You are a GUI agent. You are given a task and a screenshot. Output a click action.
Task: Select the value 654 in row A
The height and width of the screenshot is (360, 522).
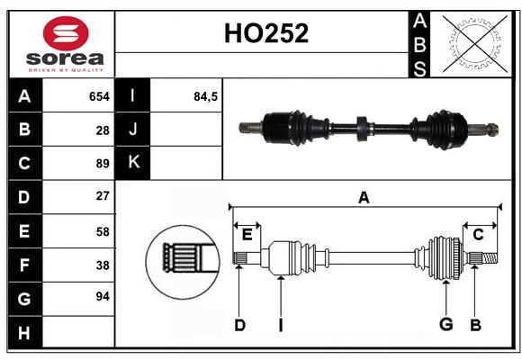pyautogui.click(x=99, y=95)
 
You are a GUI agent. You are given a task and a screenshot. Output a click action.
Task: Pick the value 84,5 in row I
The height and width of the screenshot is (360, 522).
pyautogui.click(x=206, y=95)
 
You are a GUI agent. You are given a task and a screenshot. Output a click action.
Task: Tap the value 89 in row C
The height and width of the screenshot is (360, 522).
pyautogui.click(x=102, y=164)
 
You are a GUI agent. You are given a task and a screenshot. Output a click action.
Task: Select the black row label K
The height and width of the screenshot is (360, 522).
pyautogui.click(x=134, y=162)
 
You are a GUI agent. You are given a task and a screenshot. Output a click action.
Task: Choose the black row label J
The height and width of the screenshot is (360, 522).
pyautogui.click(x=134, y=129)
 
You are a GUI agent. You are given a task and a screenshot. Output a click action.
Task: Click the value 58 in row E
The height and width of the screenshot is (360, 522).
pyautogui.click(x=102, y=231)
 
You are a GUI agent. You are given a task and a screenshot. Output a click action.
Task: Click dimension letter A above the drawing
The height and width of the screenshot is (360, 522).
pyautogui.click(x=364, y=197)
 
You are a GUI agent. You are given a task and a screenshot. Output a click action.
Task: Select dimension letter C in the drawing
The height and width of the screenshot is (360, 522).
pyautogui.click(x=478, y=234)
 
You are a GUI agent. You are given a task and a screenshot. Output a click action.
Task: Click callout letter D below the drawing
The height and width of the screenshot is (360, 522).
pyautogui.click(x=239, y=325)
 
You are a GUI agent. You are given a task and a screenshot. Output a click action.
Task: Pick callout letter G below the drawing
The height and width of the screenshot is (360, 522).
pyautogui.click(x=445, y=325)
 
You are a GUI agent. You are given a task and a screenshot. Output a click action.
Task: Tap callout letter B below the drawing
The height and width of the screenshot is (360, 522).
pyautogui.click(x=475, y=325)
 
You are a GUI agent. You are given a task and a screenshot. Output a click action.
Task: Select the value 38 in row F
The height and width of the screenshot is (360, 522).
pyautogui.click(x=102, y=265)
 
